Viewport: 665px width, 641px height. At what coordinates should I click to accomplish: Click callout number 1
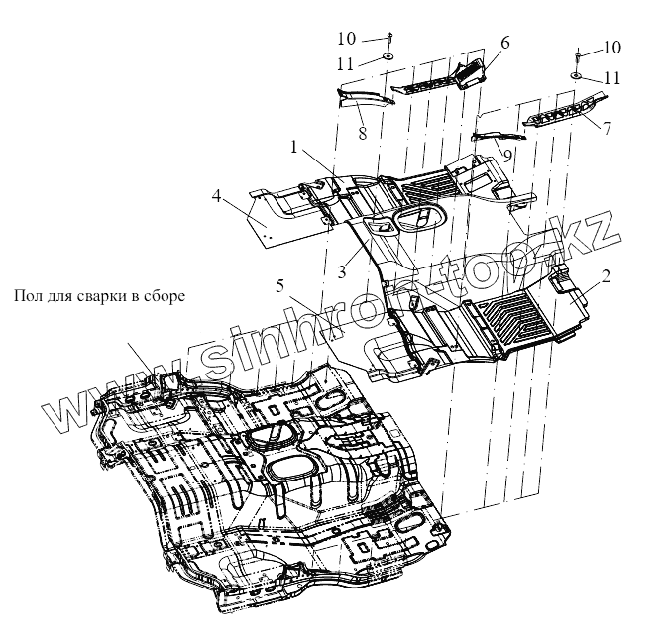pyautogui.click(x=294, y=147)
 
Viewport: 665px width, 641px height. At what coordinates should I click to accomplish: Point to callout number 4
pyautogui.click(x=217, y=196)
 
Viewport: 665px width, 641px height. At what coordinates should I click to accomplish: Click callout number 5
pyautogui.click(x=282, y=286)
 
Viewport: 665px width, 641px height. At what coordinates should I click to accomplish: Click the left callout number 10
pyautogui.click(x=345, y=39)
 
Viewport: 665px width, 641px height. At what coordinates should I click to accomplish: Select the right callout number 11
pyautogui.click(x=612, y=76)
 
